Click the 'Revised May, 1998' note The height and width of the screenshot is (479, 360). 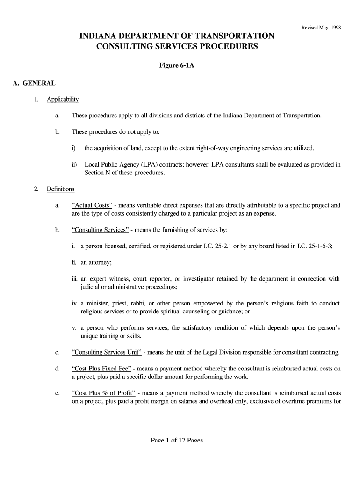coord(322,27)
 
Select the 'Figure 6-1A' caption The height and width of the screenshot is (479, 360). coord(177,65)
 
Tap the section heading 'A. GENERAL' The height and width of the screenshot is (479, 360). coord(34,83)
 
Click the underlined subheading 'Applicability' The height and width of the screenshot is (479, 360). coord(63,99)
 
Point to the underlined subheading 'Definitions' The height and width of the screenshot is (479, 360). coord(60,189)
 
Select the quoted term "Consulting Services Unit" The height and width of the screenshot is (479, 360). coord(107,352)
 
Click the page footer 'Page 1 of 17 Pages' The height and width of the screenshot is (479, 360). coord(177,440)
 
